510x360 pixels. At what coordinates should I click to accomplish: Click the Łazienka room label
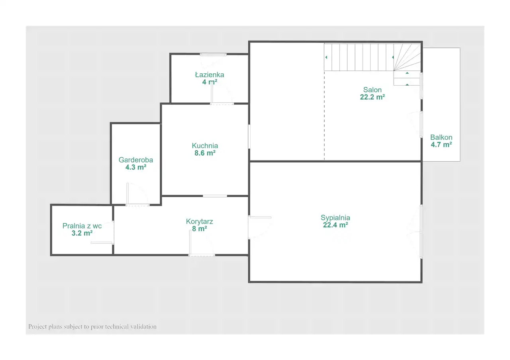point(210,74)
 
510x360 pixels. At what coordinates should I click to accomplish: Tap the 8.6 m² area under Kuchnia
point(205,153)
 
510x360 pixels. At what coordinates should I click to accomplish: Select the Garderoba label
point(136,160)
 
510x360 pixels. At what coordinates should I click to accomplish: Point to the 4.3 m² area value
point(136,167)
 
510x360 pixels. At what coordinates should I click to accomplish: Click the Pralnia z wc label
point(82,226)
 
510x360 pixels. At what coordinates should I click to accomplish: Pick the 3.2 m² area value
point(82,233)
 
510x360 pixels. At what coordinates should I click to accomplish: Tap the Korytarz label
point(200,221)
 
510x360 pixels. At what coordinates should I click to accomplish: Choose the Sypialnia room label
point(335,218)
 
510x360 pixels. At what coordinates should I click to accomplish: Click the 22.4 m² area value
point(335,225)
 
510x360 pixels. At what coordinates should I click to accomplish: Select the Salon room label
point(372,90)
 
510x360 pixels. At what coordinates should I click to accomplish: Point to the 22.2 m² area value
point(372,97)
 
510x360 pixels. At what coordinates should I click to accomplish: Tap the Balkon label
point(441,137)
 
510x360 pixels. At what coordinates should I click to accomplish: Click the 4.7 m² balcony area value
point(441,145)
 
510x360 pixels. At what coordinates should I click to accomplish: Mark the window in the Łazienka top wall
point(213,55)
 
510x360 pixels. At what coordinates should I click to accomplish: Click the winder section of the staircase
point(407,57)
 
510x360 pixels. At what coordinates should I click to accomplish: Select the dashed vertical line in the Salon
point(324,115)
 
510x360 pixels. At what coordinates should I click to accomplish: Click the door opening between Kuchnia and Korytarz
point(215,196)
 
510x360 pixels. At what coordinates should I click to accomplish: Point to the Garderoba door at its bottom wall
point(137,205)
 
